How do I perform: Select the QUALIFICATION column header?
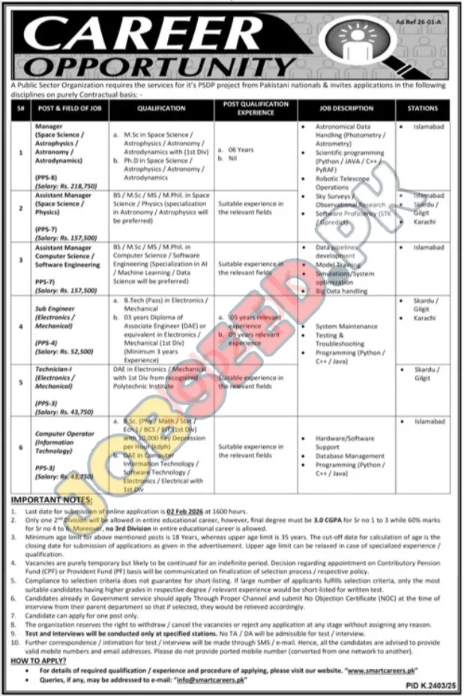[161, 109]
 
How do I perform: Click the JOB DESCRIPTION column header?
[345, 109]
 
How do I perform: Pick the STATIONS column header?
[423, 109]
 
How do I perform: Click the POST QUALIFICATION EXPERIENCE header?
[256, 109]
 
